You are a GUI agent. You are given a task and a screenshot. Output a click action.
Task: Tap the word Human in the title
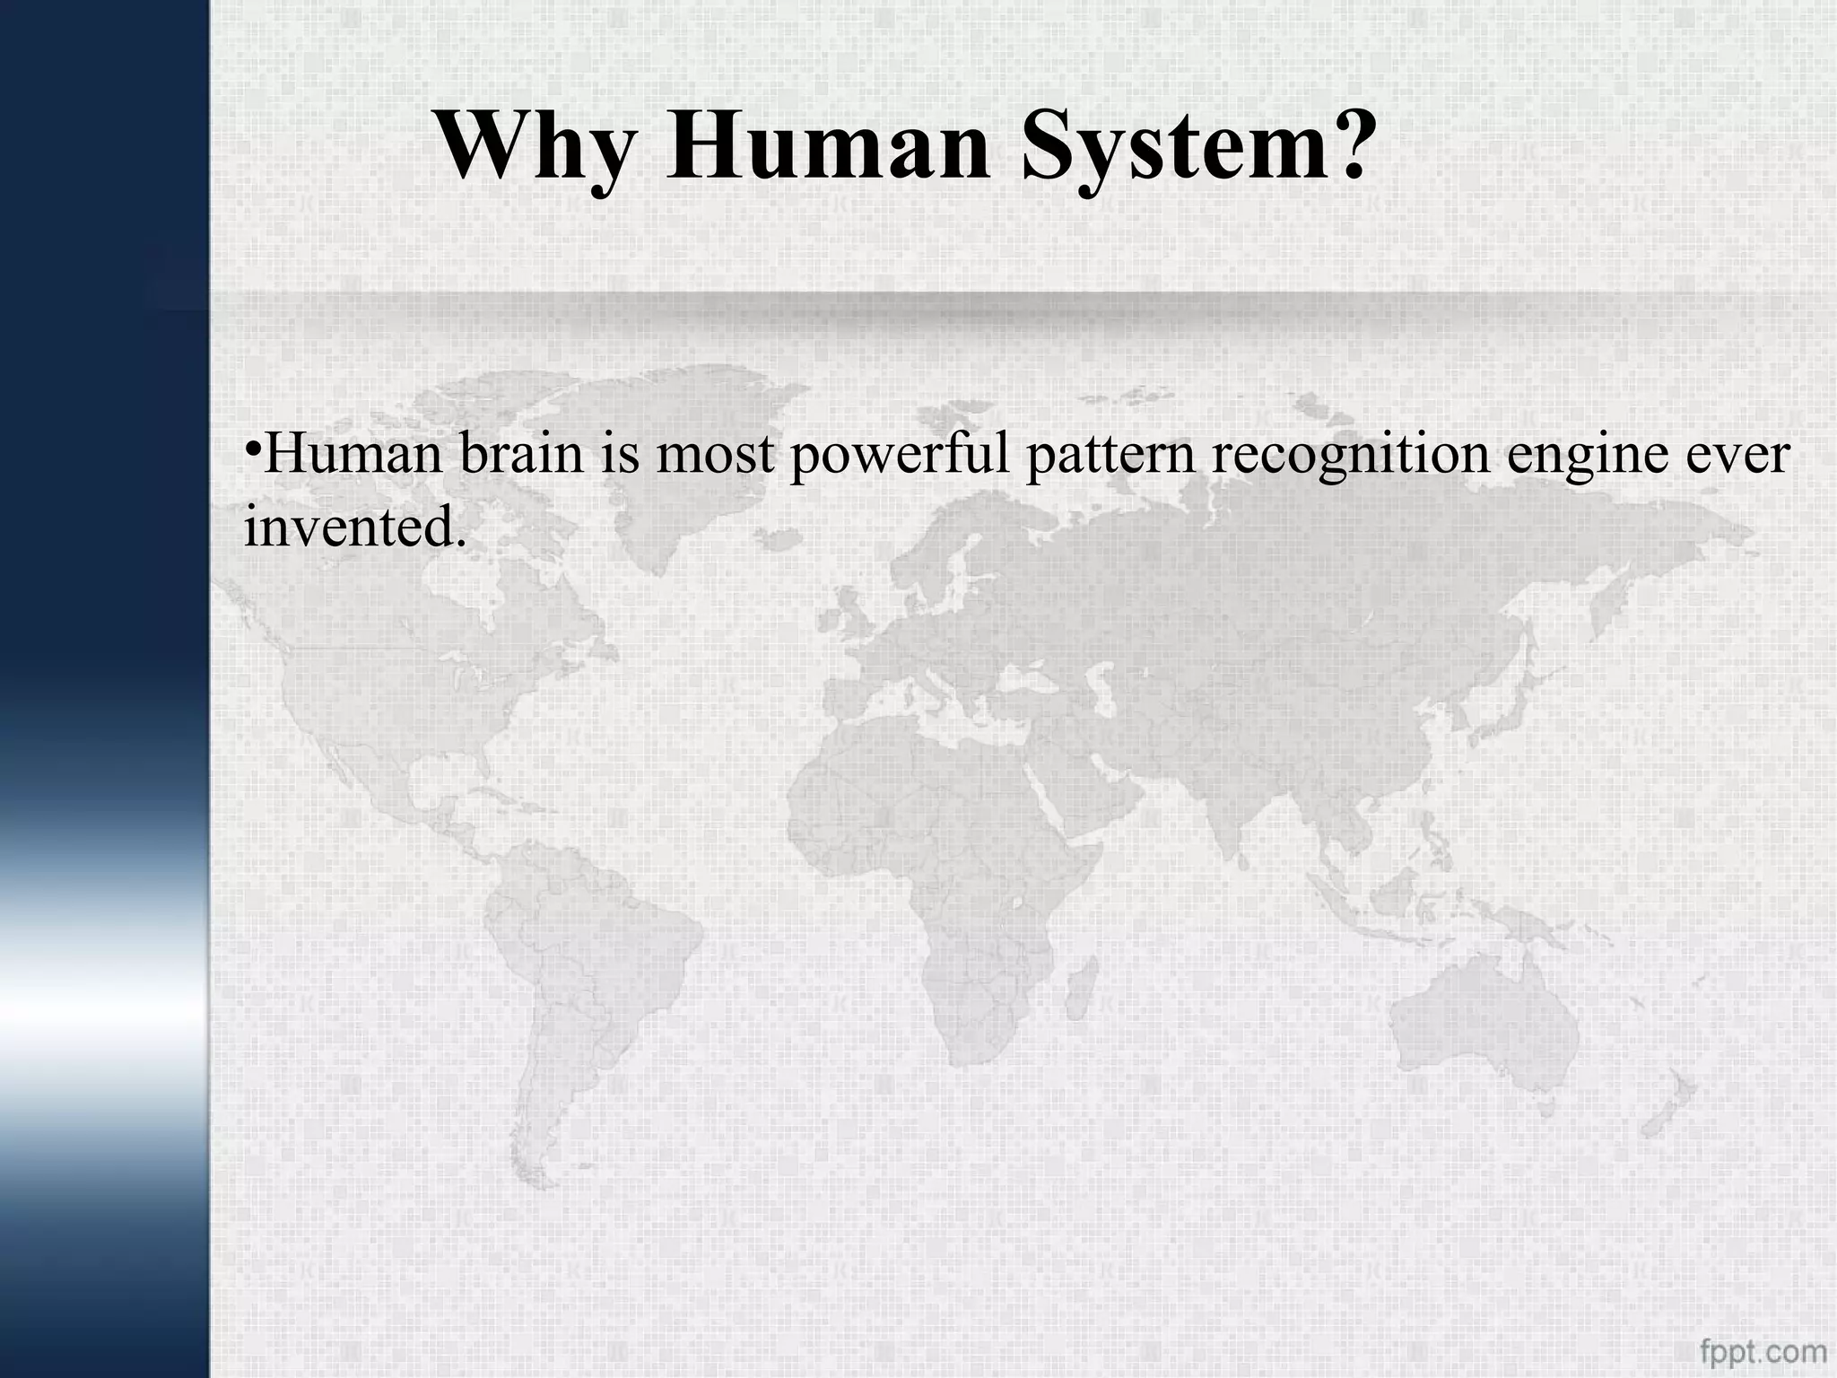click(827, 146)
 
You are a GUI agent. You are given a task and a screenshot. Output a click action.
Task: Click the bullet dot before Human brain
click(252, 446)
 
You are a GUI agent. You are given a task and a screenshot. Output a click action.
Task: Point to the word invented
click(354, 526)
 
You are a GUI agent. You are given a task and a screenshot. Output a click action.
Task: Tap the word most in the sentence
click(714, 456)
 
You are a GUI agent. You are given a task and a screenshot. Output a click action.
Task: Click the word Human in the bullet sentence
click(353, 454)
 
